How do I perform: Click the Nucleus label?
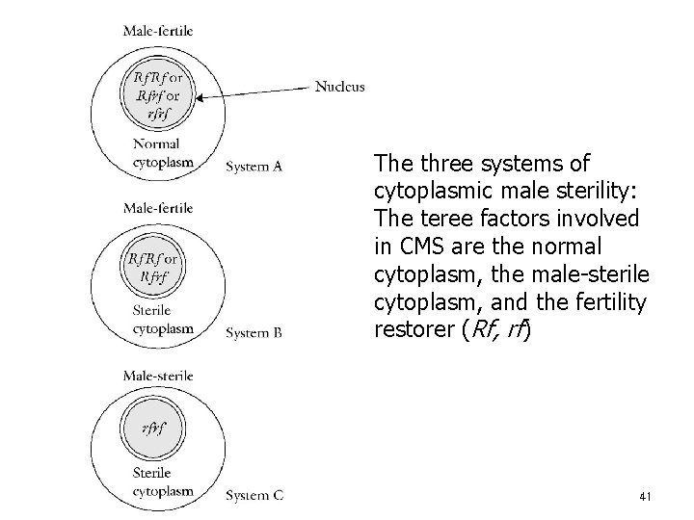coord(339,87)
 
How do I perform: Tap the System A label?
coord(254,167)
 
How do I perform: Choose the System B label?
coord(254,333)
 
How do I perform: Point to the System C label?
coord(254,496)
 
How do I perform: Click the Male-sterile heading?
coord(158,375)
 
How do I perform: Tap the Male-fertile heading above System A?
coord(158,31)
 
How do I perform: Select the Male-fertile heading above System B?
coord(158,208)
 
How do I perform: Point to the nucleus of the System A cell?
coord(158,92)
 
